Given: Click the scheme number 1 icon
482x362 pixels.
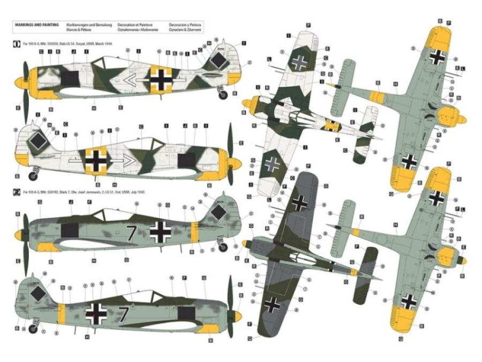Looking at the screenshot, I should tap(17, 43).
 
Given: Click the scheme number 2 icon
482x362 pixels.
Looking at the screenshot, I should tap(17, 190).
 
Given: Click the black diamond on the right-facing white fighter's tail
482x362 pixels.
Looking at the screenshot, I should tap(38, 141).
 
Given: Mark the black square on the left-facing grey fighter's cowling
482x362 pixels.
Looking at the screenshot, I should tap(70, 231).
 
